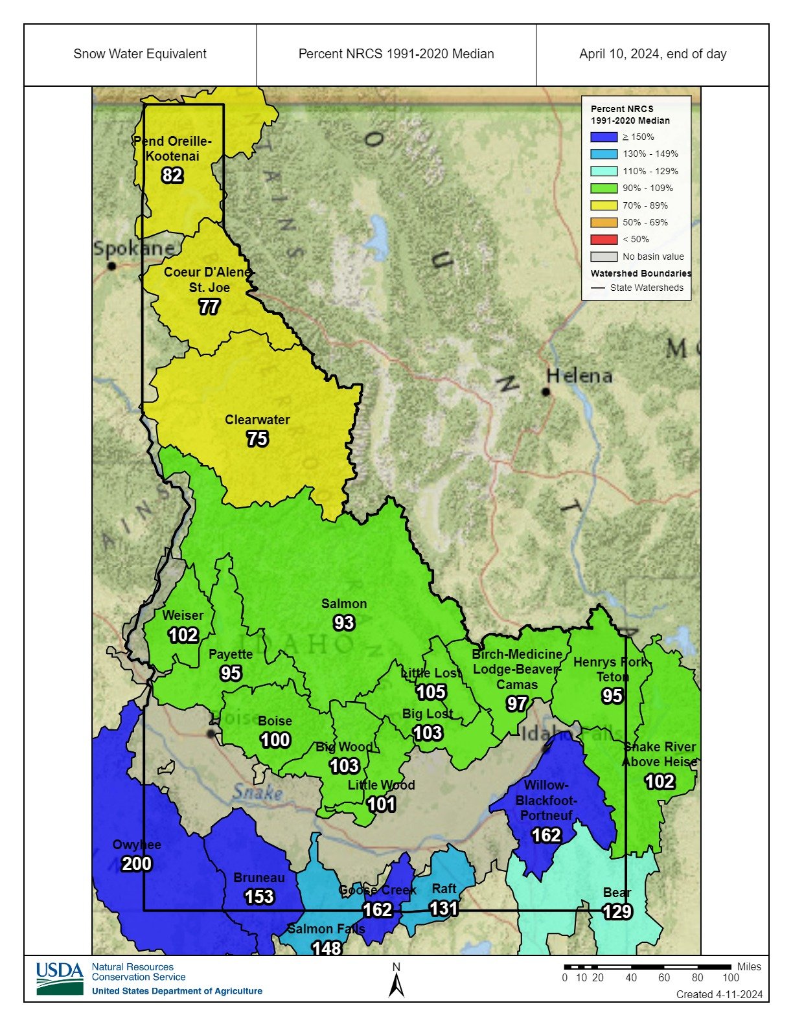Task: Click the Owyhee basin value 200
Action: click(x=137, y=863)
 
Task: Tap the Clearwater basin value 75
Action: click(x=257, y=439)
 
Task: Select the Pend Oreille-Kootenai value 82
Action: click(x=172, y=175)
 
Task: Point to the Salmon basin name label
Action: click(x=344, y=604)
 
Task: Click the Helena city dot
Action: click(x=546, y=391)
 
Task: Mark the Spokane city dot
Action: click(x=112, y=266)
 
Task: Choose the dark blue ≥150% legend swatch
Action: click(x=603, y=137)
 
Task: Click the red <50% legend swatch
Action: click(x=603, y=239)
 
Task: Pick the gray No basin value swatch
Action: click(x=603, y=256)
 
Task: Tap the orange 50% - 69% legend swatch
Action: click(x=603, y=222)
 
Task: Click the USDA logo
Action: click(x=60, y=978)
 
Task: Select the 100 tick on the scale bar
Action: click(x=731, y=977)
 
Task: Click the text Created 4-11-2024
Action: click(x=719, y=994)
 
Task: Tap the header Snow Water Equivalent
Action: click(x=140, y=54)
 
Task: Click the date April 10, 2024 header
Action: click(x=652, y=54)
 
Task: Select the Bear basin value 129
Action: click(x=617, y=911)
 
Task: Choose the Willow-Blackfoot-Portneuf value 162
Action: click(x=546, y=835)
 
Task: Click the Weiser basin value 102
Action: click(x=183, y=635)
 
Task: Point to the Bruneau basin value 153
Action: click(x=259, y=896)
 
